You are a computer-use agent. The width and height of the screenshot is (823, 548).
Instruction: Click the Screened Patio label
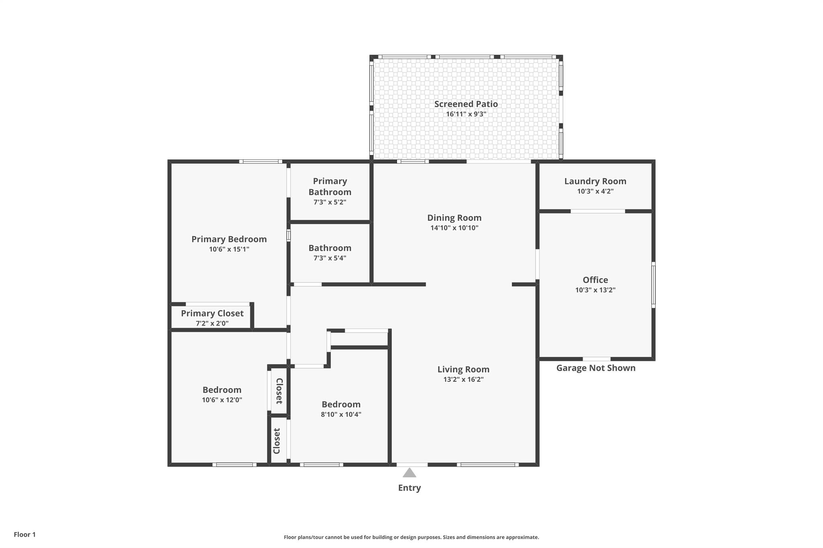pyautogui.click(x=466, y=104)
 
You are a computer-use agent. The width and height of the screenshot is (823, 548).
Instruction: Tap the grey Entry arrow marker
pyautogui.click(x=409, y=473)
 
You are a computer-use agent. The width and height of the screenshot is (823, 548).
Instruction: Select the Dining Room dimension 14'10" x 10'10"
pyautogui.click(x=454, y=228)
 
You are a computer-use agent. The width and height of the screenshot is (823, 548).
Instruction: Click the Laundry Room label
pyautogui.click(x=595, y=181)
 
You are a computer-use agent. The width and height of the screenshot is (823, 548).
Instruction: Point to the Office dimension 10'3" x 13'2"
pyautogui.click(x=595, y=290)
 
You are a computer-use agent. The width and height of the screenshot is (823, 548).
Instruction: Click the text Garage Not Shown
pyautogui.click(x=596, y=368)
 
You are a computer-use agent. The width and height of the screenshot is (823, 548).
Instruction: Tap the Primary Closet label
pyautogui.click(x=212, y=314)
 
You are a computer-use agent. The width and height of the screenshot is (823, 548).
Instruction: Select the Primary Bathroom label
pyautogui.click(x=330, y=187)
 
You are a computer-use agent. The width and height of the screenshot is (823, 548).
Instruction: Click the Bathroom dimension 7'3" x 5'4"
pyautogui.click(x=330, y=258)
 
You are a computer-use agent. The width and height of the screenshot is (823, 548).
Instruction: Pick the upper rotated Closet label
pyautogui.click(x=279, y=391)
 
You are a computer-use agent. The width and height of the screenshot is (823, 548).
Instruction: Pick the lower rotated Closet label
pyautogui.click(x=277, y=441)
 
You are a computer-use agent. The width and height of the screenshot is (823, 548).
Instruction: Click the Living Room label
pyautogui.click(x=463, y=369)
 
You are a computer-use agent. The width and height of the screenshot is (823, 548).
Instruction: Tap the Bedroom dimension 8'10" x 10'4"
pyautogui.click(x=341, y=415)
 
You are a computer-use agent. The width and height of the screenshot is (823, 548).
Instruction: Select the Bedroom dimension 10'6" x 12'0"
pyautogui.click(x=222, y=400)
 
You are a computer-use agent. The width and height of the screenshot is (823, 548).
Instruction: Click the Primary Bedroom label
pyautogui.click(x=229, y=239)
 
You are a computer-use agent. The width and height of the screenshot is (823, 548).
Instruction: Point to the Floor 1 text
pyautogui.click(x=25, y=534)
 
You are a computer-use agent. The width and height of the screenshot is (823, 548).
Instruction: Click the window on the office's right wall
pyautogui.click(x=653, y=285)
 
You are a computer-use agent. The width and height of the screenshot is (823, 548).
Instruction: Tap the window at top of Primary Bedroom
pyautogui.click(x=260, y=162)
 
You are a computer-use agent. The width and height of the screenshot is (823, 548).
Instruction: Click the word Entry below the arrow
pyautogui.click(x=409, y=488)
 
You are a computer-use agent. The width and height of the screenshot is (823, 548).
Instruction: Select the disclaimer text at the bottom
pyautogui.click(x=411, y=537)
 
